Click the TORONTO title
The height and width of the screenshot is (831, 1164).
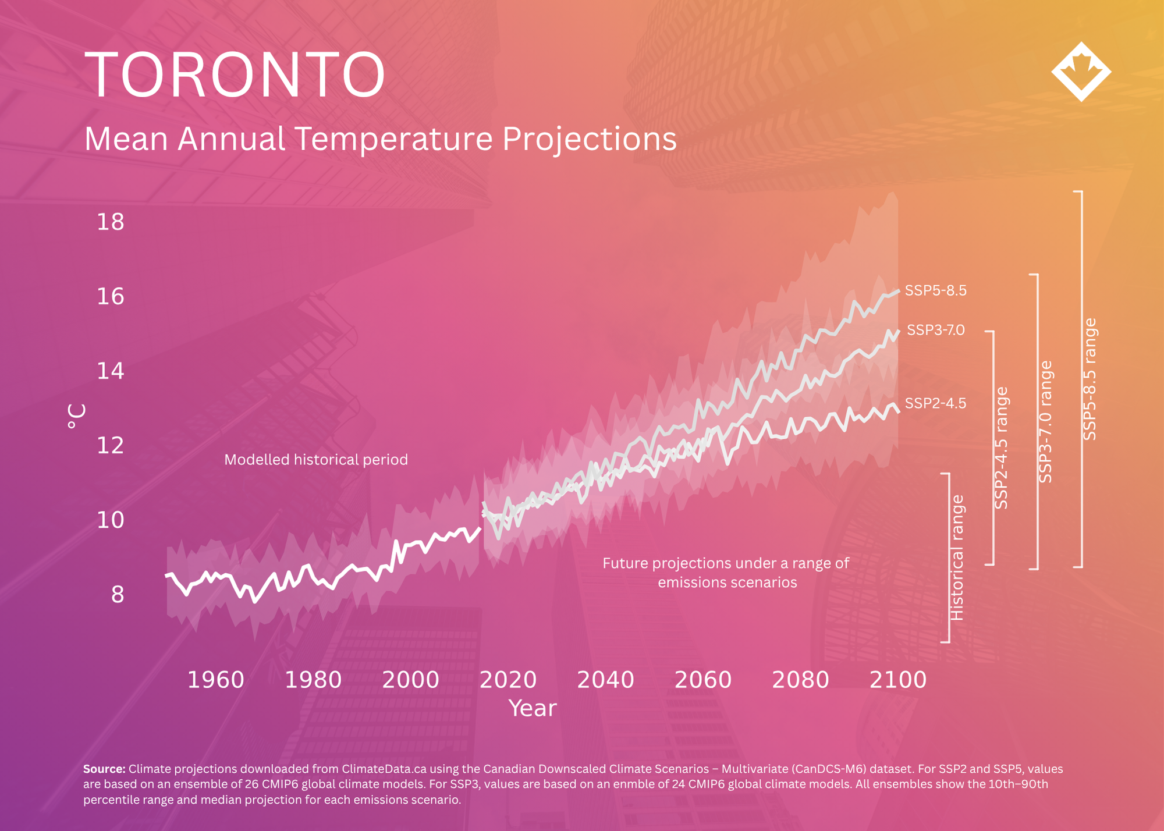(235, 74)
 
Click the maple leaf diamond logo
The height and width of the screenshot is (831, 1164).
(1081, 72)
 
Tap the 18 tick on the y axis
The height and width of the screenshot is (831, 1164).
(111, 222)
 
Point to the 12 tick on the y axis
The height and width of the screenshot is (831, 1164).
(111, 445)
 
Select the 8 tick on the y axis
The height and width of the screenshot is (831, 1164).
(118, 594)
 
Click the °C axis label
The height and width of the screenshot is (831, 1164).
(76, 416)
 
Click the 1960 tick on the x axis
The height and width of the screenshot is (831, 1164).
(215, 680)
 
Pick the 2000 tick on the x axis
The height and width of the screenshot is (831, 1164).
(410, 680)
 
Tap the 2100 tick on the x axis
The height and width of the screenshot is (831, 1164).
(898, 680)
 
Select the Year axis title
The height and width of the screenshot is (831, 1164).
(533, 708)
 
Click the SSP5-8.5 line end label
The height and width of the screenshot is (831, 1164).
(936, 290)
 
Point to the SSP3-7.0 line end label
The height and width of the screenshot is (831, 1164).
(936, 330)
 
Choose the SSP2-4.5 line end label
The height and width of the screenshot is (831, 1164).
(936, 403)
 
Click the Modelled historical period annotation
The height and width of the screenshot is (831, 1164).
(316, 460)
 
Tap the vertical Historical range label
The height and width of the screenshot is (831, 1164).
(957, 557)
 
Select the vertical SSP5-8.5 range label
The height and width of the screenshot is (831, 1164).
(1090, 379)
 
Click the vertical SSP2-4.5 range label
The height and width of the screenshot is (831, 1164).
(1001, 448)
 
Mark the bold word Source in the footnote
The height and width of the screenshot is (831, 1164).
(104, 769)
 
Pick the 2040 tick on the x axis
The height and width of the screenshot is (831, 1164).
(605, 680)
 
